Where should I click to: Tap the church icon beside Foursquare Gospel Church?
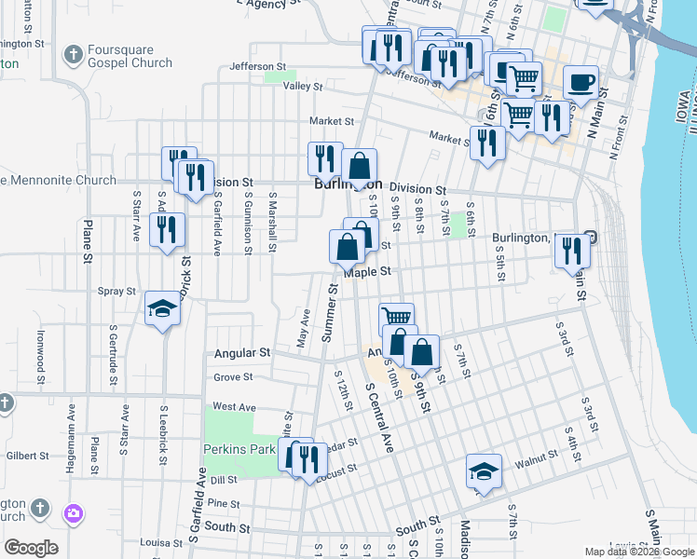(x=73, y=54)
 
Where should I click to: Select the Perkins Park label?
(x=239, y=449)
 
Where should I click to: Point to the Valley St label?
(x=303, y=87)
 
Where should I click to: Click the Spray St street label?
(x=117, y=292)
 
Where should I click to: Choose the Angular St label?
(x=241, y=353)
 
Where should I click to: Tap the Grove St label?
(x=233, y=377)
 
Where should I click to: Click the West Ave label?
(x=234, y=407)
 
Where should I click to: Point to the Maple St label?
(x=364, y=272)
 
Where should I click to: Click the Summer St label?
(x=329, y=313)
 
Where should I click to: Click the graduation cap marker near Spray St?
(x=162, y=308)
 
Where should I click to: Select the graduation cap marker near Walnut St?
(x=484, y=470)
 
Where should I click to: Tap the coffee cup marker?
(x=581, y=81)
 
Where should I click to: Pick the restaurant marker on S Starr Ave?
(x=166, y=229)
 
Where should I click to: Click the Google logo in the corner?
(x=31, y=547)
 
